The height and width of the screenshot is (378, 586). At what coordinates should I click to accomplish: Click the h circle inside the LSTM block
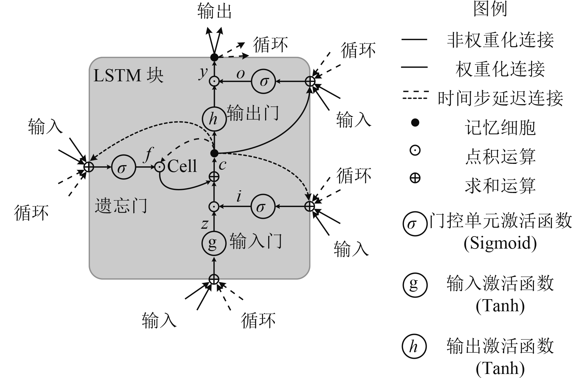point(214,119)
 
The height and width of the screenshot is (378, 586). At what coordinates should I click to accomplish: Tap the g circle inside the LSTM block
point(213,243)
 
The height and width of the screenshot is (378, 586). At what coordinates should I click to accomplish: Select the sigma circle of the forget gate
point(123,167)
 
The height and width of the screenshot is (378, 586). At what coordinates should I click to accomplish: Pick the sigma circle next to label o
point(263,82)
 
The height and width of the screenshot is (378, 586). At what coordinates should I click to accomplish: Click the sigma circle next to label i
point(263,207)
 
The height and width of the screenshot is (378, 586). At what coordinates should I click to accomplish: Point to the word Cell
point(182,166)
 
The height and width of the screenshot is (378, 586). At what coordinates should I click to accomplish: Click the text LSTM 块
point(128,75)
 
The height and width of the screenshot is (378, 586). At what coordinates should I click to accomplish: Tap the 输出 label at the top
point(214,12)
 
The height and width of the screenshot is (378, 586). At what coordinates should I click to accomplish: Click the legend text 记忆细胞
point(500,127)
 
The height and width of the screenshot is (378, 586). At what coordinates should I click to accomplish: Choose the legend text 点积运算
point(500,156)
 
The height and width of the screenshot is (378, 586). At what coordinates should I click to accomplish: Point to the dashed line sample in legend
point(415,95)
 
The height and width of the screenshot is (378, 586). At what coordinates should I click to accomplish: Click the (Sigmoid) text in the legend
point(500,243)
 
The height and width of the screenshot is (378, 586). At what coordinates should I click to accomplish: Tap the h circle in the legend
point(414,347)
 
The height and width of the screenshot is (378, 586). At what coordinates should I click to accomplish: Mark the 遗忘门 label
point(121,205)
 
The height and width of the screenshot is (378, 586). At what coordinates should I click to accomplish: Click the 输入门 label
point(255,241)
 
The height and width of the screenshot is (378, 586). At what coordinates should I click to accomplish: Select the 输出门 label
point(253,113)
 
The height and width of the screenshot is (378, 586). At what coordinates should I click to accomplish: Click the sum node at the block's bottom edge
point(214,279)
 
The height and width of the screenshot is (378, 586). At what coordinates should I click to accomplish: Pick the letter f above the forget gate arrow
point(149,154)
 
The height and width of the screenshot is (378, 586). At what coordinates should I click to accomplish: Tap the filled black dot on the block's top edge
point(214,57)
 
